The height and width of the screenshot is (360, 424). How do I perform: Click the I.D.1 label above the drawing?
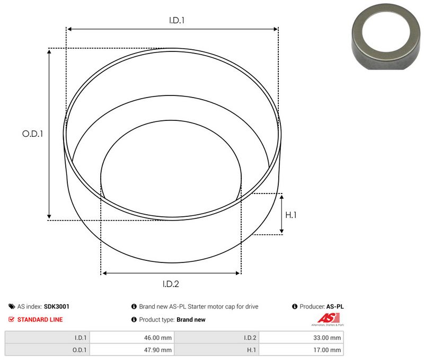point(176,21)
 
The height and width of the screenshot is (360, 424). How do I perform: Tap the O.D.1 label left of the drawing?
point(32,134)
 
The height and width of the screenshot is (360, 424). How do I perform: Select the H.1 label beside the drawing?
point(291,215)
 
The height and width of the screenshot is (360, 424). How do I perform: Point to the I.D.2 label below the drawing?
point(171,284)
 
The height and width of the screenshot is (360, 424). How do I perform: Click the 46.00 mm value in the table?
point(160,337)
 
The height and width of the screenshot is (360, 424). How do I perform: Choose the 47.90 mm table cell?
point(160,350)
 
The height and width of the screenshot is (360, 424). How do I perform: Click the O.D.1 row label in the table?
point(80,350)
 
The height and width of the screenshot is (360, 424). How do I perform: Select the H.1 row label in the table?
point(251,350)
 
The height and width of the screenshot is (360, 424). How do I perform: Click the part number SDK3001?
point(57,306)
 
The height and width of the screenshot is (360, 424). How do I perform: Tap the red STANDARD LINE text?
point(40,320)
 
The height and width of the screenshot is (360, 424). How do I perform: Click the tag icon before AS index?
point(12,306)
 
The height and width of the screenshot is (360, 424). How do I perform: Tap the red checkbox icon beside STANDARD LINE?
point(12,320)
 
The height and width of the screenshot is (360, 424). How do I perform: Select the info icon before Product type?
point(134,320)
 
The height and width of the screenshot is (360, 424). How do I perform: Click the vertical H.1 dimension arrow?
point(282,214)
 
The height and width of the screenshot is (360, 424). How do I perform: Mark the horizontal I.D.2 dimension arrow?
point(171,273)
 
